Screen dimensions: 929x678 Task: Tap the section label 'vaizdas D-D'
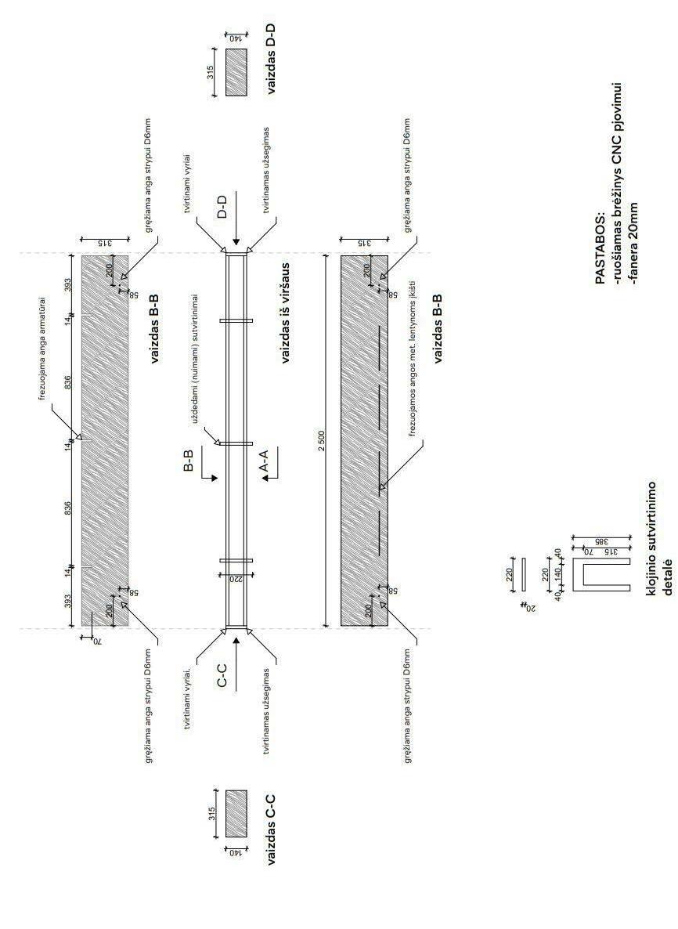click(x=271, y=60)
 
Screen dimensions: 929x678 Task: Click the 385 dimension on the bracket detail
click(x=578, y=541)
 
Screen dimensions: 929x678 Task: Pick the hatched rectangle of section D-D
click(x=236, y=72)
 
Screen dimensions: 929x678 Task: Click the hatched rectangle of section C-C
click(x=236, y=813)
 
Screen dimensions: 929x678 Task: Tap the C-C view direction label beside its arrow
click(x=223, y=675)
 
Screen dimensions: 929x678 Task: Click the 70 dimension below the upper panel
click(x=98, y=641)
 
